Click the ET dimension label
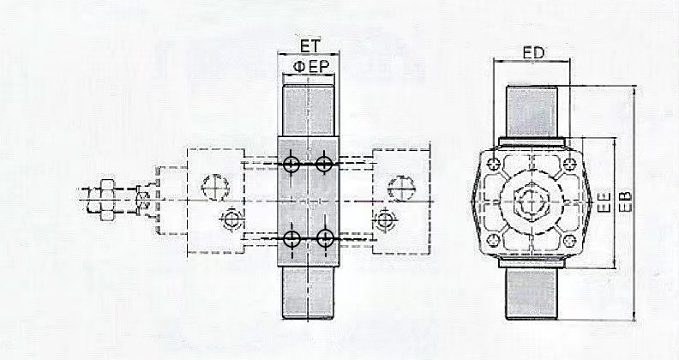[x=309, y=46]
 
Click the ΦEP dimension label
[x=311, y=66]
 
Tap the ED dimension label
[x=533, y=53]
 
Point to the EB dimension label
[x=625, y=201]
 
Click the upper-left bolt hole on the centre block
[x=291, y=164]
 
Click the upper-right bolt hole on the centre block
[x=324, y=164]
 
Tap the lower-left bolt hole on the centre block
[x=291, y=238]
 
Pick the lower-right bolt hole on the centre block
[x=324, y=238]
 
